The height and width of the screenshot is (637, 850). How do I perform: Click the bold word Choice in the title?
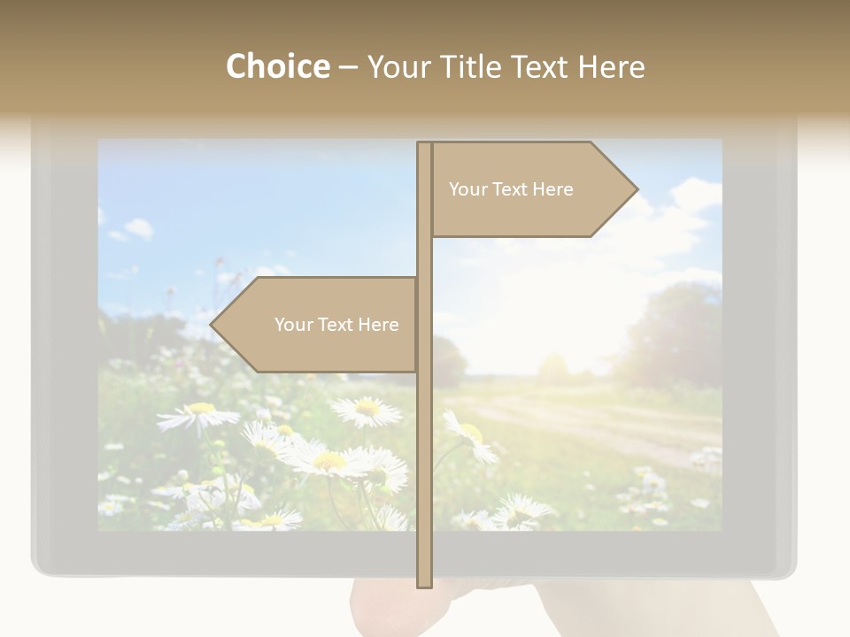tap(277, 66)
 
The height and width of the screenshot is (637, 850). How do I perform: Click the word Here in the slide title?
tap(611, 66)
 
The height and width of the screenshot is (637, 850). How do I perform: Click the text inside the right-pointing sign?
tap(511, 189)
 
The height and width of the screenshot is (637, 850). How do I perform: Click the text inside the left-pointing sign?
tap(336, 325)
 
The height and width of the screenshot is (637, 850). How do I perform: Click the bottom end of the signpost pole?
tap(425, 584)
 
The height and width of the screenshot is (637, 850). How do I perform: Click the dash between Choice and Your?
tap(348, 68)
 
